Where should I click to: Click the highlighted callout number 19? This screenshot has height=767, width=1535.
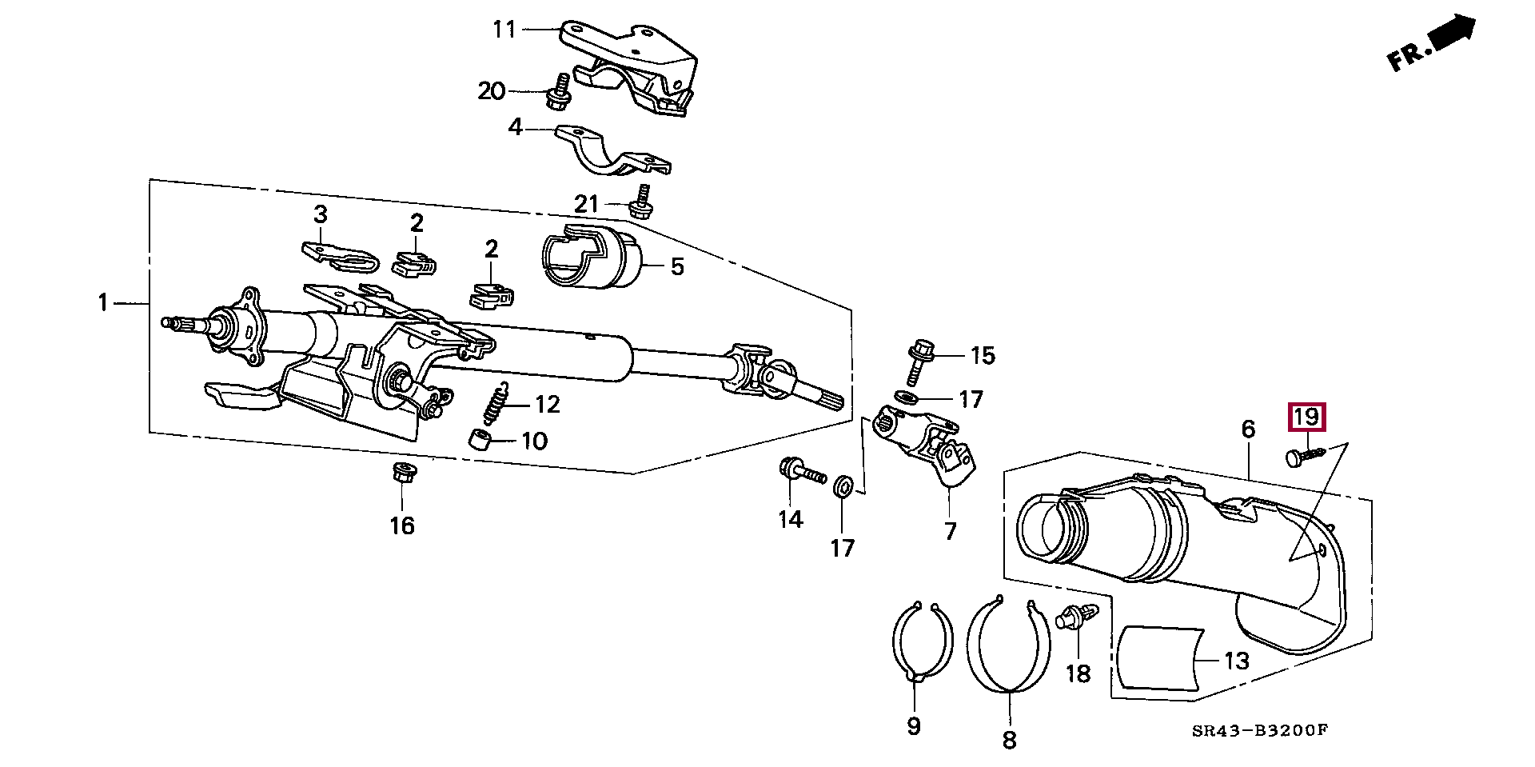coord(1306,417)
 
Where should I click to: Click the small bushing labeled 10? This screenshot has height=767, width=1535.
coord(479,440)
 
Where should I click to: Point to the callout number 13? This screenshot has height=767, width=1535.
coord(1236,661)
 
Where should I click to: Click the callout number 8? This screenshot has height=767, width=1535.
coord(1009,740)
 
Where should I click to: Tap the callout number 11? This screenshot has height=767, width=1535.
coord(504,30)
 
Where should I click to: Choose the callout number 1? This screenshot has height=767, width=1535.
coord(102,302)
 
